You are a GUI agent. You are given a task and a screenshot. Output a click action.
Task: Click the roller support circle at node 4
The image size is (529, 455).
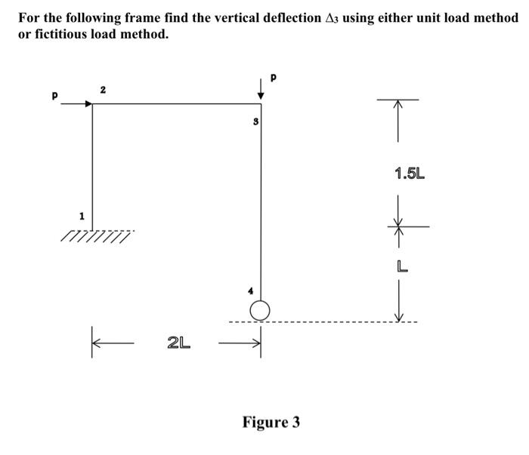261,309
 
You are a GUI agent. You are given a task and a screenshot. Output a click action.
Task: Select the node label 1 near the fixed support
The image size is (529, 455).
82,217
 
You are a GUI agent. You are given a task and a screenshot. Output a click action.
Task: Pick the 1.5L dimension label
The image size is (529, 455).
410,174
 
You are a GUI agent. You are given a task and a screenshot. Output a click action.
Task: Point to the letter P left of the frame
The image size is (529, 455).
54,96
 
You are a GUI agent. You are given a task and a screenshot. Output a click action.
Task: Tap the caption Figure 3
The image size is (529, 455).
271,422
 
